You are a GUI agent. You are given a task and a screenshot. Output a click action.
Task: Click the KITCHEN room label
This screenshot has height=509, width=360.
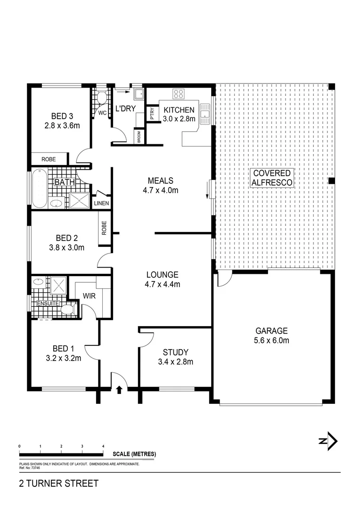point(179,110)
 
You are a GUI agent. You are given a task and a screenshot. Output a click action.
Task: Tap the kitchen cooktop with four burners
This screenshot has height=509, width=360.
point(179,94)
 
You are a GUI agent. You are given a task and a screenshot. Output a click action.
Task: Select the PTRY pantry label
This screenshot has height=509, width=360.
point(152,114)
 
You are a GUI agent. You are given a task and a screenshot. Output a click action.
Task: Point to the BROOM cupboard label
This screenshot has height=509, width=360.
point(139,136)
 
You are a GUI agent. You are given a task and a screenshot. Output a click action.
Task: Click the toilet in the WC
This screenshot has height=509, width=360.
point(100,98)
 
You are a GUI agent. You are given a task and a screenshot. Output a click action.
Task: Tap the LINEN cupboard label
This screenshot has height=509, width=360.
point(101,204)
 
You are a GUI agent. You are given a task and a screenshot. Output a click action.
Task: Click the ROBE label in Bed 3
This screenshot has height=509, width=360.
point(49,159)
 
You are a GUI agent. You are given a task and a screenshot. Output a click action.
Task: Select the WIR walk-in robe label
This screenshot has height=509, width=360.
point(90,296)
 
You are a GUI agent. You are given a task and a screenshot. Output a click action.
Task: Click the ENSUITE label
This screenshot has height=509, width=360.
point(48,304)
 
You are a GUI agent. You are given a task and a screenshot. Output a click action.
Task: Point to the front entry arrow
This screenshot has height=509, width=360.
point(119,389)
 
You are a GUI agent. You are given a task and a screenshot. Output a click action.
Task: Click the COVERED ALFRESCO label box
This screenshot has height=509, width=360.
point(271,178)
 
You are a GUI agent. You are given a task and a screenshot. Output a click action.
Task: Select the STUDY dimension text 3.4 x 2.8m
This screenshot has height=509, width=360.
point(176,362)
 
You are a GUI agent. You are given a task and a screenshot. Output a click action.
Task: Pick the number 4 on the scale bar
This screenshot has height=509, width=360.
point(103,446)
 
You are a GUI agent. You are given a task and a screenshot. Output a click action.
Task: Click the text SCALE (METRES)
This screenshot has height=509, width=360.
point(134,454)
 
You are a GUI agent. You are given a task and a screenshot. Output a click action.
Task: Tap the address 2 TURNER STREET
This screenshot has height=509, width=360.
point(59,484)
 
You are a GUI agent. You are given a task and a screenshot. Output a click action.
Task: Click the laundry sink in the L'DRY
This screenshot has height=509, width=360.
point(139,95)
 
